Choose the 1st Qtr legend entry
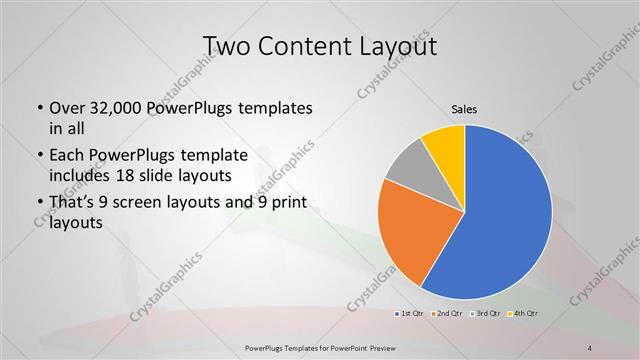click(x=410, y=314)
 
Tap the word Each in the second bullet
click(x=65, y=156)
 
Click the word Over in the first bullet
click(x=65, y=108)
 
